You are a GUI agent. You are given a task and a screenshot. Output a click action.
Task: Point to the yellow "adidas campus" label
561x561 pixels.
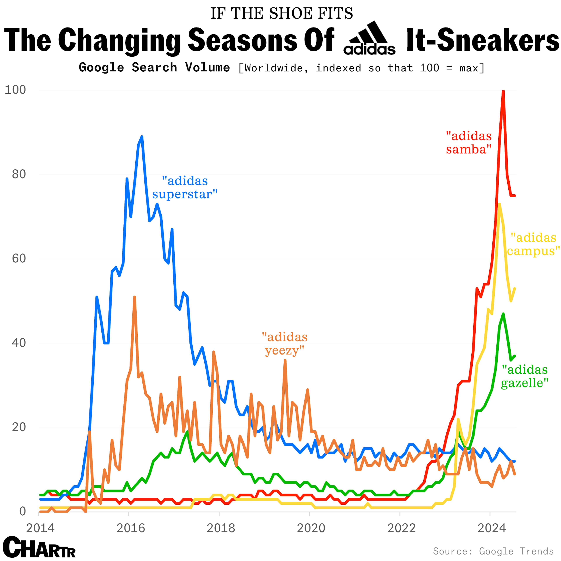pyautogui.click(x=533, y=244)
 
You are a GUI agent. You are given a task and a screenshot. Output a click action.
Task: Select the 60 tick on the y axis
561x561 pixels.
pyautogui.click(x=19, y=258)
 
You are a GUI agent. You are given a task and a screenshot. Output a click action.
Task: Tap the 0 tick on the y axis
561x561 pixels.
pyautogui.click(x=23, y=511)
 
